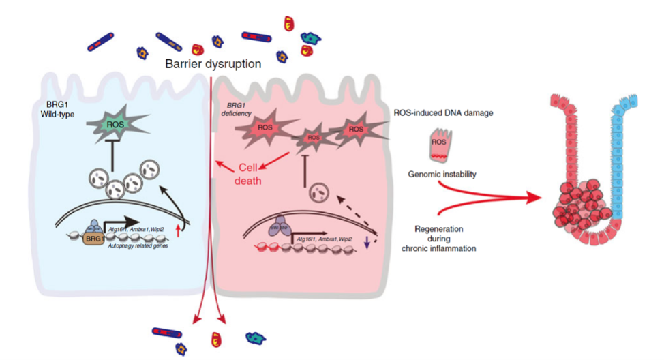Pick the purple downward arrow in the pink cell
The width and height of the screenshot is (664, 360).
coord(366,241)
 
